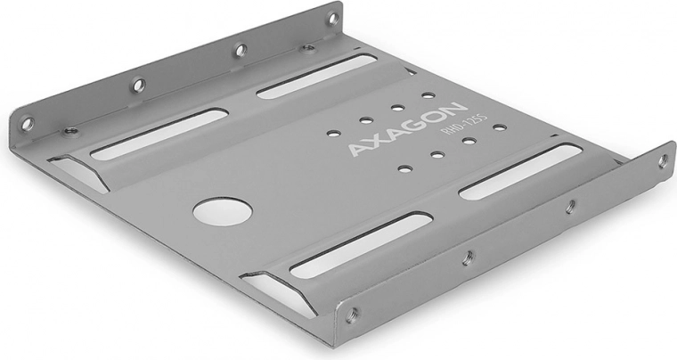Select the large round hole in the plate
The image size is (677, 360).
click(222, 211)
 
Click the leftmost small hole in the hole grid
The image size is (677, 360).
click(333, 134)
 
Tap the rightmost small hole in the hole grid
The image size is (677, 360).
click(500, 127)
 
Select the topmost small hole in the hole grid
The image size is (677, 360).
click(428, 94)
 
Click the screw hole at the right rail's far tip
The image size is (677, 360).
click(663, 161)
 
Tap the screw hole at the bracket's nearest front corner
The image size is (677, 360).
click(352, 313)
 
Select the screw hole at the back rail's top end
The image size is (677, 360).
click(332, 18)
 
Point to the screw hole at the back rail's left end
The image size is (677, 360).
click(28, 125)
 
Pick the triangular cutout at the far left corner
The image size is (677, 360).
click(78, 169)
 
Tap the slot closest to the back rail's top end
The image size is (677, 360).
click(317, 77)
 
